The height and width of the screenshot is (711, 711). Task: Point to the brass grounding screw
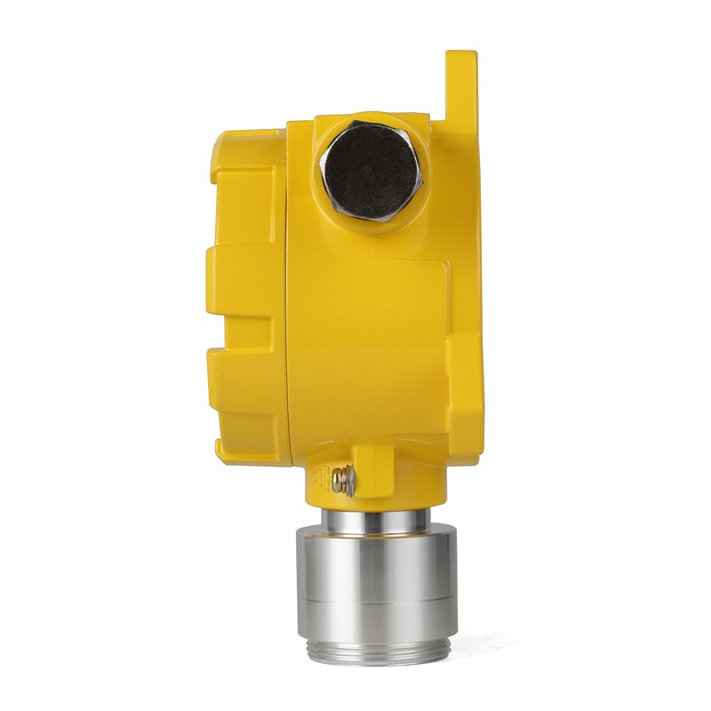(x=342, y=481)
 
